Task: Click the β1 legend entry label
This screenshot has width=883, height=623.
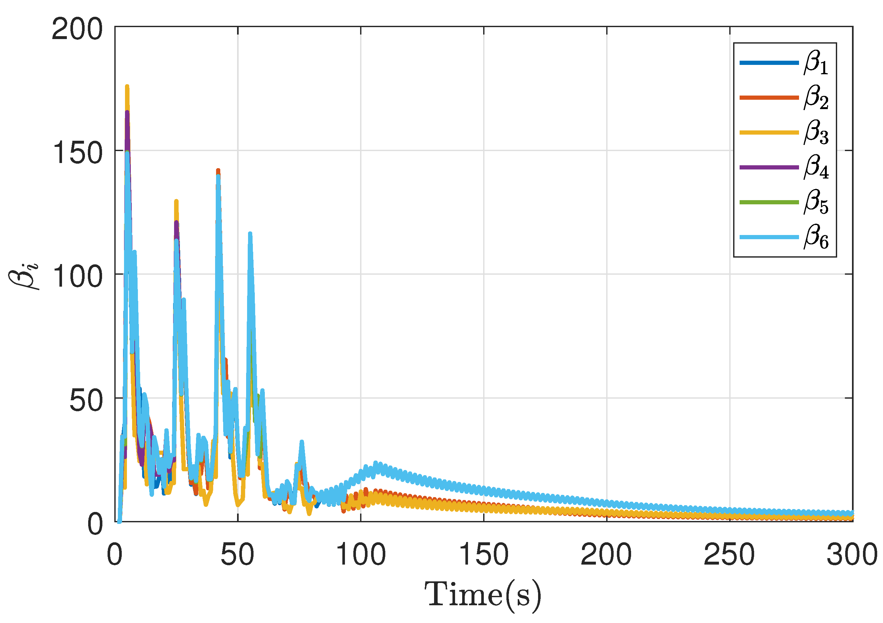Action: pyautogui.click(x=816, y=63)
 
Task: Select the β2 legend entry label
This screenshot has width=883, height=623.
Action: pyautogui.click(x=816, y=97)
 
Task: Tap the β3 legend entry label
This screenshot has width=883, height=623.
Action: pyautogui.click(x=816, y=133)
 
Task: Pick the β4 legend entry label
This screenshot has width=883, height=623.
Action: pyautogui.click(x=816, y=167)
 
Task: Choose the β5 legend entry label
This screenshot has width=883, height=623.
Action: pyautogui.click(x=816, y=202)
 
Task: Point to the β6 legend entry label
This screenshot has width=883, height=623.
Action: pyautogui.click(x=816, y=237)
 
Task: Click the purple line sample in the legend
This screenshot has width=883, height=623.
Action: pyautogui.click(x=769, y=167)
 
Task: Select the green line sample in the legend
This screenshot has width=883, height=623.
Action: pyautogui.click(x=769, y=202)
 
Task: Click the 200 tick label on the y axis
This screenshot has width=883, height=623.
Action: pyautogui.click(x=77, y=29)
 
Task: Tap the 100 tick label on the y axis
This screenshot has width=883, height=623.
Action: pyautogui.click(x=77, y=276)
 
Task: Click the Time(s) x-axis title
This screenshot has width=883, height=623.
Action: pyautogui.click(x=483, y=596)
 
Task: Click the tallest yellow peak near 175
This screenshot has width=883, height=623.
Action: pyautogui.click(x=127, y=87)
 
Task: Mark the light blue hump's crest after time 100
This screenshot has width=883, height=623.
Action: pyautogui.click(x=375, y=464)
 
